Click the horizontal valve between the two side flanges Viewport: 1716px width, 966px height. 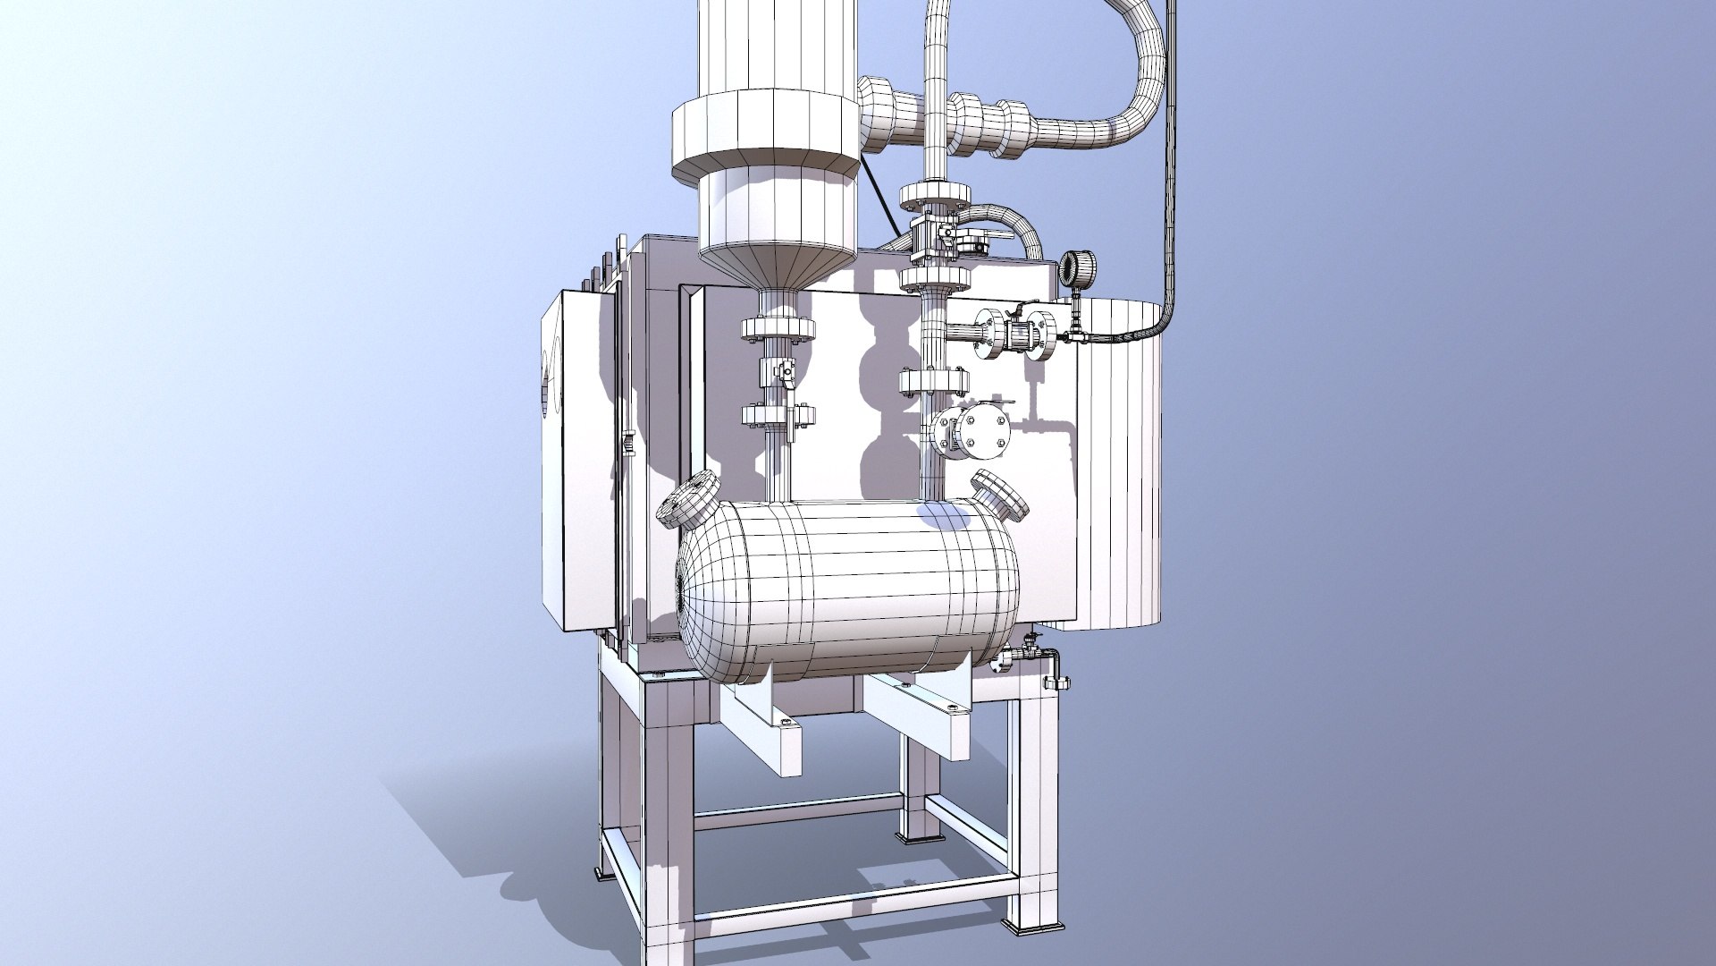click(1016, 335)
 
